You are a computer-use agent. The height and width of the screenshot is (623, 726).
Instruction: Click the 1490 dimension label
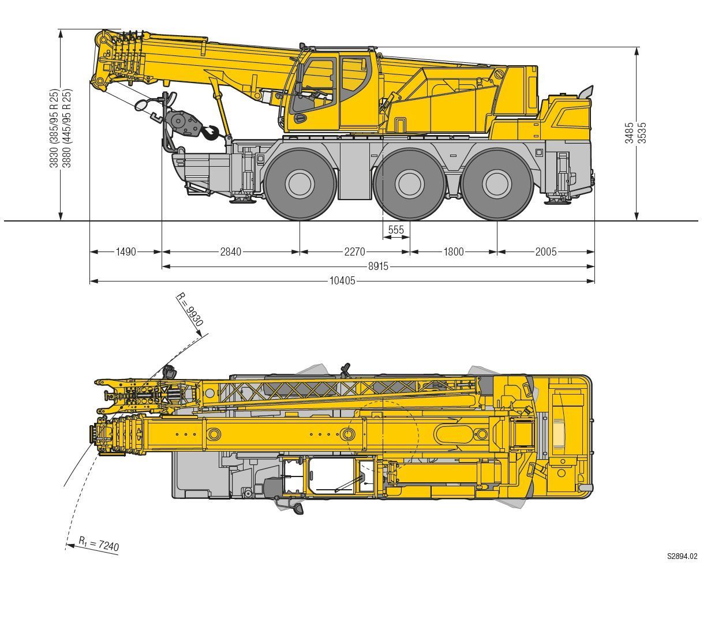coord(126,252)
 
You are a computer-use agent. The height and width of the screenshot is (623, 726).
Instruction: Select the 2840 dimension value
coord(230,252)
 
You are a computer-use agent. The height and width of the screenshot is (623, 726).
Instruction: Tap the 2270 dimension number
coord(354,252)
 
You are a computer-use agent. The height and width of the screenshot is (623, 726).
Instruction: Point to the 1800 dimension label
coord(454,252)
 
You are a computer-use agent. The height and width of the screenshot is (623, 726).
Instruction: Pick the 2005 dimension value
coord(546,252)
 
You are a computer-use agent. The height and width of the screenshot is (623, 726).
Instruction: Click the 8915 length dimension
coord(378,267)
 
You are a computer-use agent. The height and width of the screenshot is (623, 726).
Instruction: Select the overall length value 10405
coord(342,281)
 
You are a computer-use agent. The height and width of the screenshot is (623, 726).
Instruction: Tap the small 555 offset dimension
coord(396,230)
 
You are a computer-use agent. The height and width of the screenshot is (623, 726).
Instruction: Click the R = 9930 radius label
coord(190,309)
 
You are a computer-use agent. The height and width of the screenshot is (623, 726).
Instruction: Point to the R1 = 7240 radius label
coord(99,544)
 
